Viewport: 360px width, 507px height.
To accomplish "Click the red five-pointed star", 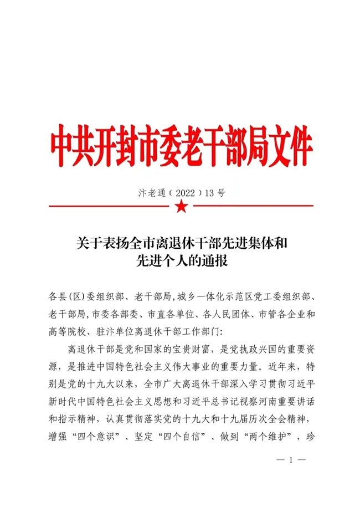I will coord(180,207).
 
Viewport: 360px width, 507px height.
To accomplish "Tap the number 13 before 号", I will coord(209,193).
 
